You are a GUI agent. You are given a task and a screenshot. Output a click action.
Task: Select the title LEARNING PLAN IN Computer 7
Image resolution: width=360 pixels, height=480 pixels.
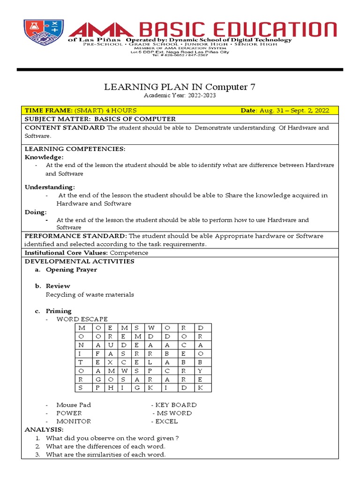(x=180, y=87)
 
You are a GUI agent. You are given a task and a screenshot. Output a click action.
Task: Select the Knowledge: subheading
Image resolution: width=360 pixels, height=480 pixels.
(x=44, y=157)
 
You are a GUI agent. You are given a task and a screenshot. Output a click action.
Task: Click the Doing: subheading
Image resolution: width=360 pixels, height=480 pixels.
(x=36, y=212)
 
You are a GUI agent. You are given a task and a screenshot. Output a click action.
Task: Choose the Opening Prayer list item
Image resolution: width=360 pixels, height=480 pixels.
(x=71, y=270)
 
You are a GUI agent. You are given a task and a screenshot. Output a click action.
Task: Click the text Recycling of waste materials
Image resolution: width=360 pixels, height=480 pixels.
(x=90, y=295)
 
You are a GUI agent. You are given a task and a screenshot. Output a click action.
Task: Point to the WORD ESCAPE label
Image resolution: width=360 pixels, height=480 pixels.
(x=82, y=319)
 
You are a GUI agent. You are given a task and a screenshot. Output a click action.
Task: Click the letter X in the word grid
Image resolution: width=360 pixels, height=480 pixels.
(x=110, y=362)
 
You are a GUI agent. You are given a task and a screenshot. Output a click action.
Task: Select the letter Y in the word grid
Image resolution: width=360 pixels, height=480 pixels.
(x=200, y=371)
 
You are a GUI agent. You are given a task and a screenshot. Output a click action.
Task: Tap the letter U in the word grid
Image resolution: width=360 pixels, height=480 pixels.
(x=110, y=345)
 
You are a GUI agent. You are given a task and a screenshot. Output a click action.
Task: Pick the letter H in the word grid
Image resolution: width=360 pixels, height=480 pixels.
(x=110, y=388)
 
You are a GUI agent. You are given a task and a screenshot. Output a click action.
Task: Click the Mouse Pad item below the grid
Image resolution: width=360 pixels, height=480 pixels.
(x=74, y=405)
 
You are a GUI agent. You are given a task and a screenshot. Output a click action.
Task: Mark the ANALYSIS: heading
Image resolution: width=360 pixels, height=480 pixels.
(x=43, y=429)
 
